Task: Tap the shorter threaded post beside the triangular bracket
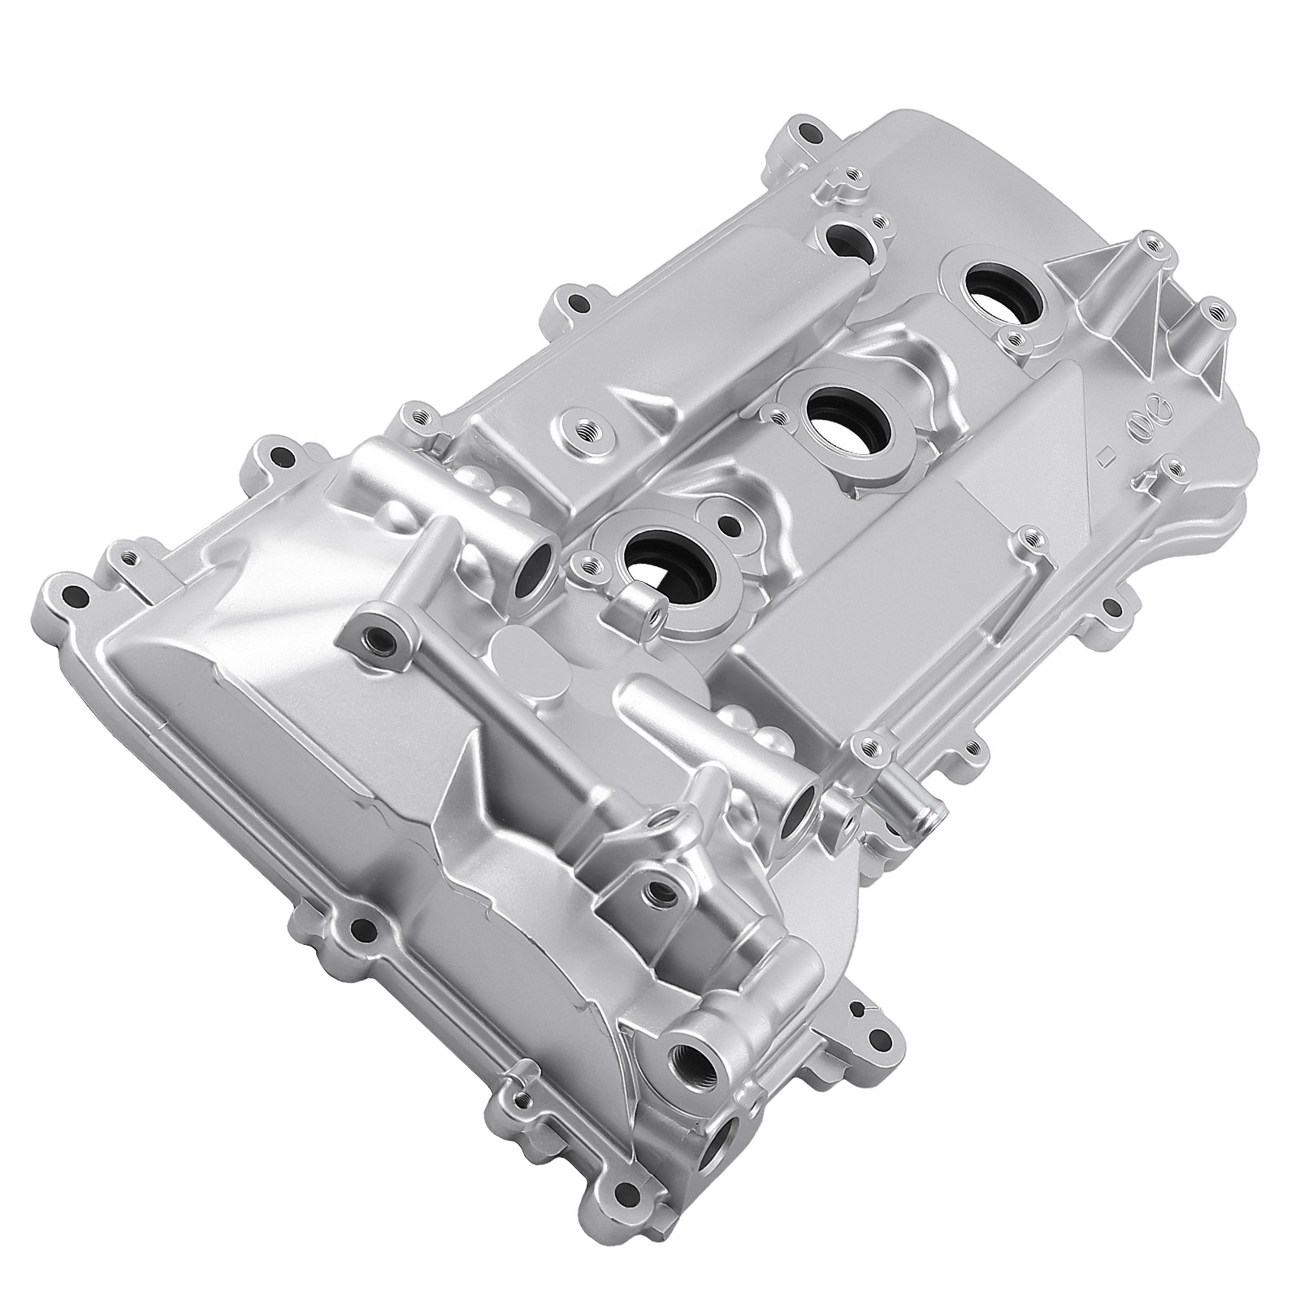[1214, 311]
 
